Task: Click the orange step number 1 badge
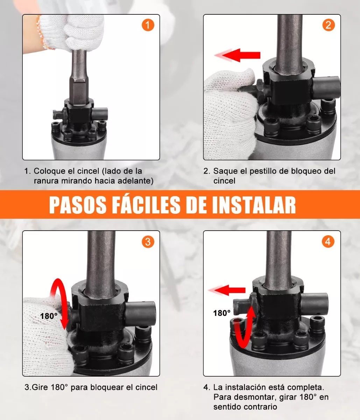(148, 25)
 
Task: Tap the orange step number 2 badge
(328, 25)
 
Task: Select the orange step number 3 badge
(148, 241)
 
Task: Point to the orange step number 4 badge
(328, 241)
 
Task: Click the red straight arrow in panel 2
(241, 55)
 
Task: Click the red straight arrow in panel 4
(229, 290)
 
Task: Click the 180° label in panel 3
(49, 316)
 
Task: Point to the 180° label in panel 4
(222, 313)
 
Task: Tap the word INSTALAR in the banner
(254, 205)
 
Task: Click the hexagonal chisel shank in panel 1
(79, 89)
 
